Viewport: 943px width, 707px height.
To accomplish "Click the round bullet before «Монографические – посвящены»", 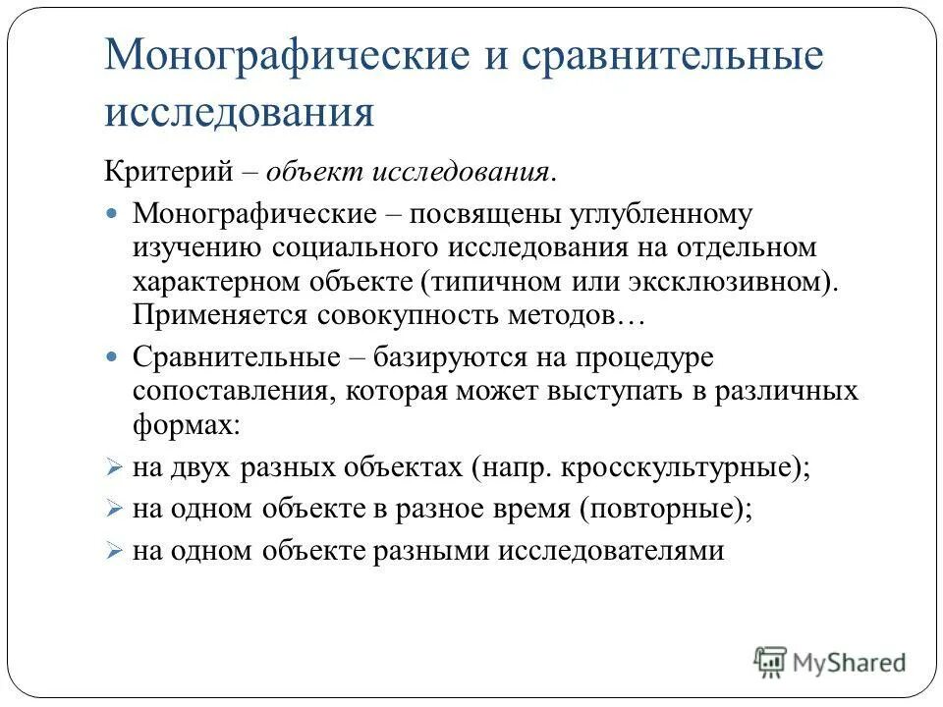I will pos(112,212).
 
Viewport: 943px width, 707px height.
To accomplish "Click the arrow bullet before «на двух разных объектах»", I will pos(112,467).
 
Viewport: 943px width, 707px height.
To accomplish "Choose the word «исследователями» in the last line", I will pos(610,550).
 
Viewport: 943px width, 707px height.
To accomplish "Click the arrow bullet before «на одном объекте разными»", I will pos(112,551).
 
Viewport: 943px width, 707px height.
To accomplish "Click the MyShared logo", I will pos(830,662).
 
